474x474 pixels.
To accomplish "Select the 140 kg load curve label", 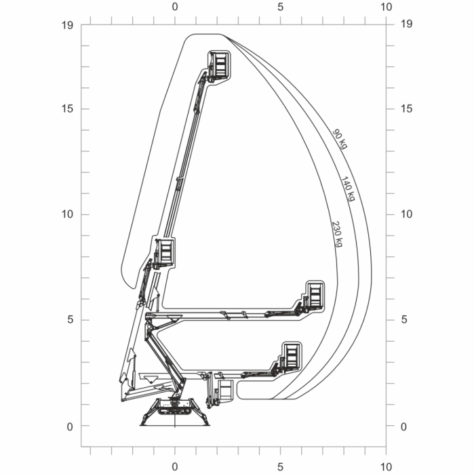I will [x=347, y=189].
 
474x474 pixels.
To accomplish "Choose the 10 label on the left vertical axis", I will [x=67, y=214].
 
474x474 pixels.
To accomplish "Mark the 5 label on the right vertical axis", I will [x=404, y=320].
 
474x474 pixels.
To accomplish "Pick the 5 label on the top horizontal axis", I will [x=280, y=7].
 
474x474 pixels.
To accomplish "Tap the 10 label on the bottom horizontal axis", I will [x=386, y=467].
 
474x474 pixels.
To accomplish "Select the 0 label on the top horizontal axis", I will [x=175, y=7].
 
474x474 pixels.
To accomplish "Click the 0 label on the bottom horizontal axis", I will [x=175, y=467].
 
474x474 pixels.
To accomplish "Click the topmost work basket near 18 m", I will [x=220, y=66].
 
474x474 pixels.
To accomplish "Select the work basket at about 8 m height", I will [x=165, y=252].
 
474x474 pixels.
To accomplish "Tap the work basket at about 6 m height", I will [x=313, y=296].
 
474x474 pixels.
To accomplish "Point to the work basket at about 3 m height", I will [x=291, y=356].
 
